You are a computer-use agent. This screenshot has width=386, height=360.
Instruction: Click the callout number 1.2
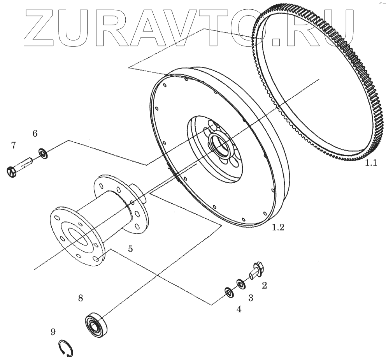click(x=278, y=228)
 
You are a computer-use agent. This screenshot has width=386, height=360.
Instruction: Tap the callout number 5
click(x=130, y=249)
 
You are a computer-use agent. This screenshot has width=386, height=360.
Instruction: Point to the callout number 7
click(x=14, y=146)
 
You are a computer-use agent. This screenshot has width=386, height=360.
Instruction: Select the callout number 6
click(x=35, y=134)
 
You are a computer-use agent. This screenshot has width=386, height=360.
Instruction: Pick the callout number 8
click(x=81, y=298)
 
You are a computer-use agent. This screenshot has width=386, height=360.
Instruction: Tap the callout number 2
click(x=264, y=286)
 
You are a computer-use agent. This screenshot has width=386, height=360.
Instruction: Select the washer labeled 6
click(x=42, y=153)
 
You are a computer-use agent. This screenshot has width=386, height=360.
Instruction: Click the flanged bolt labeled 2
click(x=256, y=270)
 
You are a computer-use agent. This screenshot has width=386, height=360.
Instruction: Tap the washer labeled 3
click(x=241, y=284)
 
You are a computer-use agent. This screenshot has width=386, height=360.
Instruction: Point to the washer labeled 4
click(x=228, y=292)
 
